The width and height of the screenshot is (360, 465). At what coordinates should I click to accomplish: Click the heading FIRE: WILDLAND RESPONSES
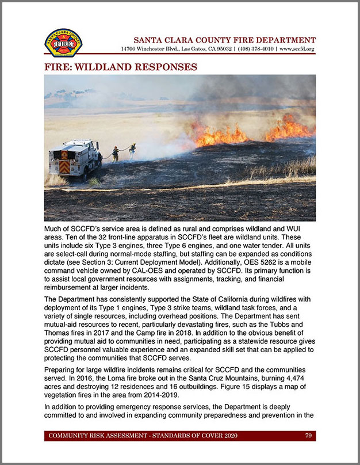(120, 67)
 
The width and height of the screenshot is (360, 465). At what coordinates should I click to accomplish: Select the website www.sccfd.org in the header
(297, 49)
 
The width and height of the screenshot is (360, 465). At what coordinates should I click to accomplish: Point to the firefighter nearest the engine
(116, 153)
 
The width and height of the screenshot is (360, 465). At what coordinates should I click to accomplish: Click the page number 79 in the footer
(308, 436)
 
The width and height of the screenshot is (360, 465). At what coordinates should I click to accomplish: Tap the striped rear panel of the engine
(64, 166)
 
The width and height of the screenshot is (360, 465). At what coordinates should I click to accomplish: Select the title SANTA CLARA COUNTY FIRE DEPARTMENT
(224, 40)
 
